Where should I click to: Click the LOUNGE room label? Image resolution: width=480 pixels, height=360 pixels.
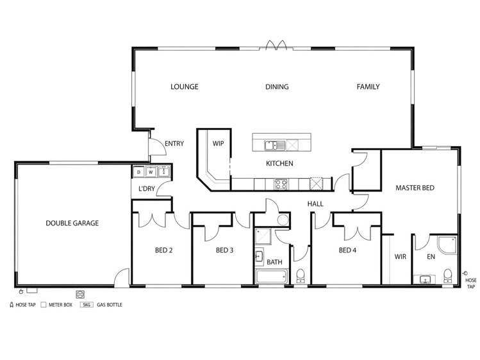185,87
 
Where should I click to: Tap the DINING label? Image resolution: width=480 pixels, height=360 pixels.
277,87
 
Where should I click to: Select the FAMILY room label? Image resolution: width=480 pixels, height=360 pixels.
368,87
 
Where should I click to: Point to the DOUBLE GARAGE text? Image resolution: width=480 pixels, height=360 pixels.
72,224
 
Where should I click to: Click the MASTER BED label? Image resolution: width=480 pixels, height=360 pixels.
415,188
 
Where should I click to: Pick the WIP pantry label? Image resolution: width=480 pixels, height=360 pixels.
219,143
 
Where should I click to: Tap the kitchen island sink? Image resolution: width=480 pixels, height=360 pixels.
275,145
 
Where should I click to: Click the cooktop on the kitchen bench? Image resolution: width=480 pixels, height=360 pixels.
281,184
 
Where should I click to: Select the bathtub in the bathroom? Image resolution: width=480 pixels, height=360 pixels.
272,277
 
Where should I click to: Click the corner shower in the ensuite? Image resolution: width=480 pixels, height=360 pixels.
447,245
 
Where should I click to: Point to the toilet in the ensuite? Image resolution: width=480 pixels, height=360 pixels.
447,275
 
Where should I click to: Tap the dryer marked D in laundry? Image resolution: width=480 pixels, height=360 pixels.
138,172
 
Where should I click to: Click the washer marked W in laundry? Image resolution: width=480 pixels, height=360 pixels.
151,172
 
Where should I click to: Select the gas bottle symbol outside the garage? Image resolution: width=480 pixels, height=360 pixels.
80,294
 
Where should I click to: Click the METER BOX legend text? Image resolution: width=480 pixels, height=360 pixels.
60,305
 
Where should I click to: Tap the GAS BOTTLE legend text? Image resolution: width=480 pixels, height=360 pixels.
110,305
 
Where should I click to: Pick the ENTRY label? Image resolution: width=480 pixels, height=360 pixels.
174,143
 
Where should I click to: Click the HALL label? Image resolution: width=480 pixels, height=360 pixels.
315,204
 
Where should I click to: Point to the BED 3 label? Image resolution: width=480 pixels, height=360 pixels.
224,250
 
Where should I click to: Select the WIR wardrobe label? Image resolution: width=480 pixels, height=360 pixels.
400,257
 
